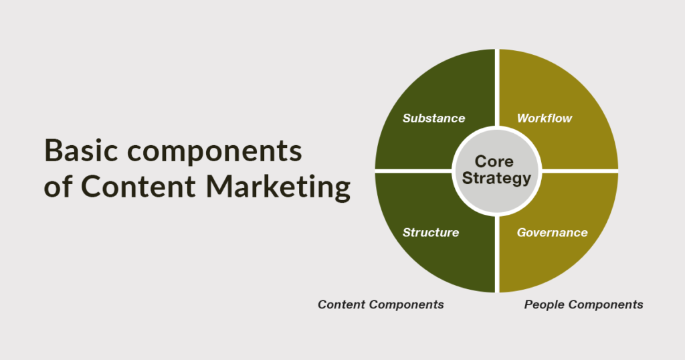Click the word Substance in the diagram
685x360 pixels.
tap(433, 118)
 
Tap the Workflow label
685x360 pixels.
tap(545, 118)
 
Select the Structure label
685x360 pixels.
tap(431, 233)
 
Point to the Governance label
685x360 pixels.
tap(552, 233)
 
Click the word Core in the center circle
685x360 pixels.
tap(494, 161)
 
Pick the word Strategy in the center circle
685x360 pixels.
tap(496, 178)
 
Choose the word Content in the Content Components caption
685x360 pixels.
tap(341, 304)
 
